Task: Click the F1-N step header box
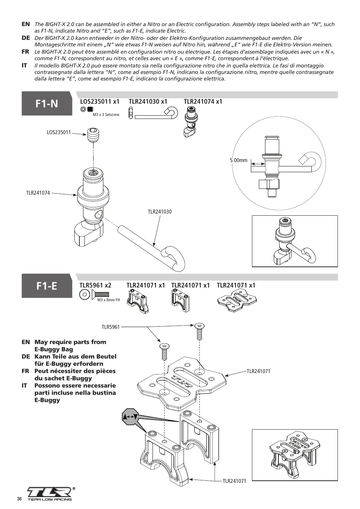click(47, 103)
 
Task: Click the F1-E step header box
click(47, 286)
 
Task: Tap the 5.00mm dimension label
click(239, 160)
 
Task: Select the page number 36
click(19, 499)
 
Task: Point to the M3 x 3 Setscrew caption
click(106, 115)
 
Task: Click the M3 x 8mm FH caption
click(108, 300)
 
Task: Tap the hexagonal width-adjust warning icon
click(130, 417)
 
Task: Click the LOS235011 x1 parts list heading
click(100, 102)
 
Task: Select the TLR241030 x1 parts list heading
click(148, 102)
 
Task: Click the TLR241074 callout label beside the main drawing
click(38, 193)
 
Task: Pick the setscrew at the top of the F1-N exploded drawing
click(93, 135)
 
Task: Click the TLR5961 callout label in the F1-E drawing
click(111, 327)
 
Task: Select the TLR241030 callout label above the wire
click(160, 212)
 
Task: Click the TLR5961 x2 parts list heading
click(95, 285)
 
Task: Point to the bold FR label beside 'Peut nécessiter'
click(25, 371)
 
